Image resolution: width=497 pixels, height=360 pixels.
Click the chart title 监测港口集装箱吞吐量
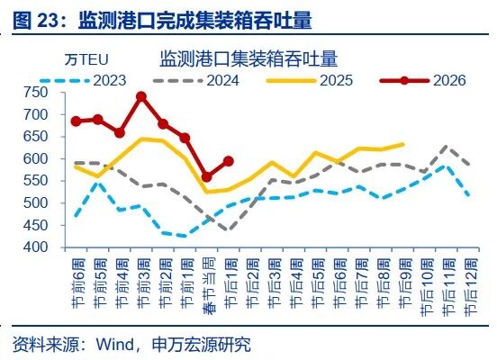pos(248,59)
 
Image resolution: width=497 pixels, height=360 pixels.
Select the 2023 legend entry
pos(109,80)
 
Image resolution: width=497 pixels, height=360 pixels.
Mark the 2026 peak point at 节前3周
pos(141,96)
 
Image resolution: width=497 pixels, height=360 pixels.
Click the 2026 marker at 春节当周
pos(206,176)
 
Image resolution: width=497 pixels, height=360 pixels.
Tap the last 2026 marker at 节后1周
pos(228,161)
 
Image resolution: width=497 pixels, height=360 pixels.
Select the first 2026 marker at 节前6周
pos(76,121)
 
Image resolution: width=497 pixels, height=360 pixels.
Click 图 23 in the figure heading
pos(36,17)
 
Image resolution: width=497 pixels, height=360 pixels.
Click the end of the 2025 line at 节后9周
pos(402,144)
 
